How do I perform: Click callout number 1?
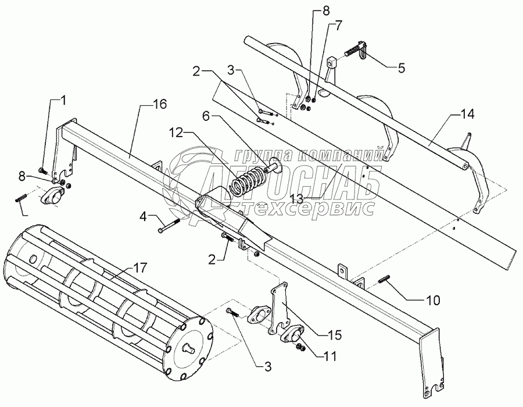64,100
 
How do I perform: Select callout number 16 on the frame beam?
160,105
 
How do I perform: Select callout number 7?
338,26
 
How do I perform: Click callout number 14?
467,115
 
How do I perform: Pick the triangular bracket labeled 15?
282,308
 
